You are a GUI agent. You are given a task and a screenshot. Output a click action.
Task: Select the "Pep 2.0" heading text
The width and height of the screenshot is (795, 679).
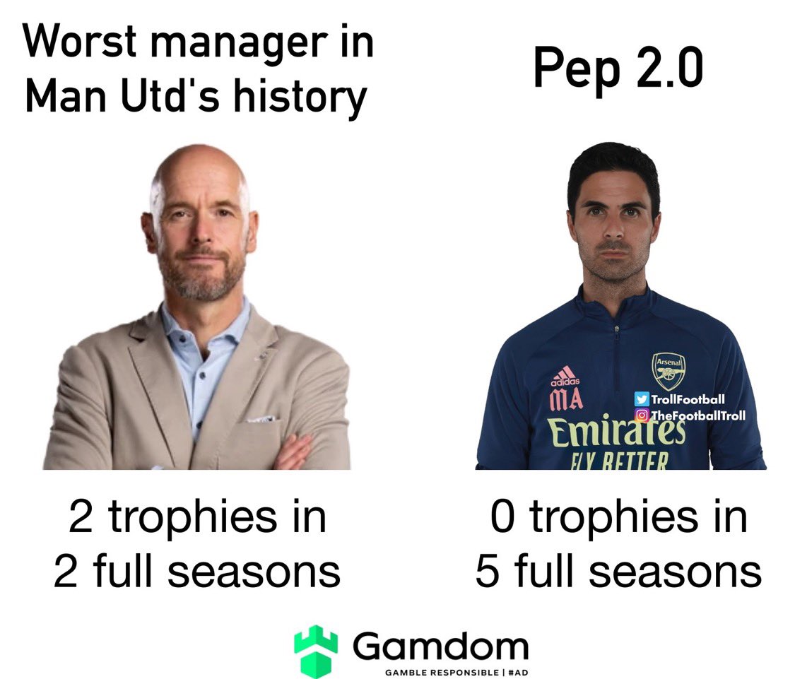(x=618, y=69)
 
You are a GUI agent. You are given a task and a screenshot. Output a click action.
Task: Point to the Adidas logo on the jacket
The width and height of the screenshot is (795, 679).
(x=563, y=376)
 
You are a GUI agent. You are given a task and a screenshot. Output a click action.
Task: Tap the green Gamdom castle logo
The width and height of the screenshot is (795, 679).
(x=316, y=650)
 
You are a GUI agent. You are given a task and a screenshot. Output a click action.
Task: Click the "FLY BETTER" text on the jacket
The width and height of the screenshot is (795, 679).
(x=618, y=461)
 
